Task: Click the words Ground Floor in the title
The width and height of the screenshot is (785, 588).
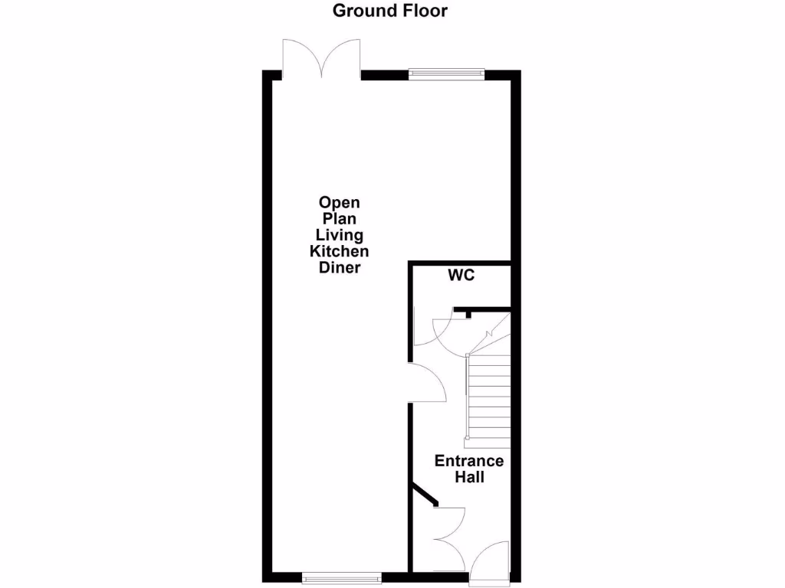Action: [389, 11]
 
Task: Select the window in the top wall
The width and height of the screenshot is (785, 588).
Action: [446, 74]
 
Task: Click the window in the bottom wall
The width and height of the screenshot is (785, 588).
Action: [341, 578]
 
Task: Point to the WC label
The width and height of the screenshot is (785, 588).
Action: [461, 275]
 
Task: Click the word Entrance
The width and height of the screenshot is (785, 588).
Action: [469, 461]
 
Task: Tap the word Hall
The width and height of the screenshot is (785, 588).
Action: [469, 477]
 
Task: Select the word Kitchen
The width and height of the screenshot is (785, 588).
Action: [339, 251]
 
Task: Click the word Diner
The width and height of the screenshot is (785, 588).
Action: [339, 268]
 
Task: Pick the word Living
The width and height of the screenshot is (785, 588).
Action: [339, 235]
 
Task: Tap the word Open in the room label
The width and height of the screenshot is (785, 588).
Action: [339, 203]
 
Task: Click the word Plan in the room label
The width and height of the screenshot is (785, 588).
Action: [339, 219]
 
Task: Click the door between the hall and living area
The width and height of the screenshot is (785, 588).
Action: [428, 383]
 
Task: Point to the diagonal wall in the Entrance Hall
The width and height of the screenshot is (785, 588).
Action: [424, 494]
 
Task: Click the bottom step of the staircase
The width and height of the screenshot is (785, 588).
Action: [488, 443]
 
